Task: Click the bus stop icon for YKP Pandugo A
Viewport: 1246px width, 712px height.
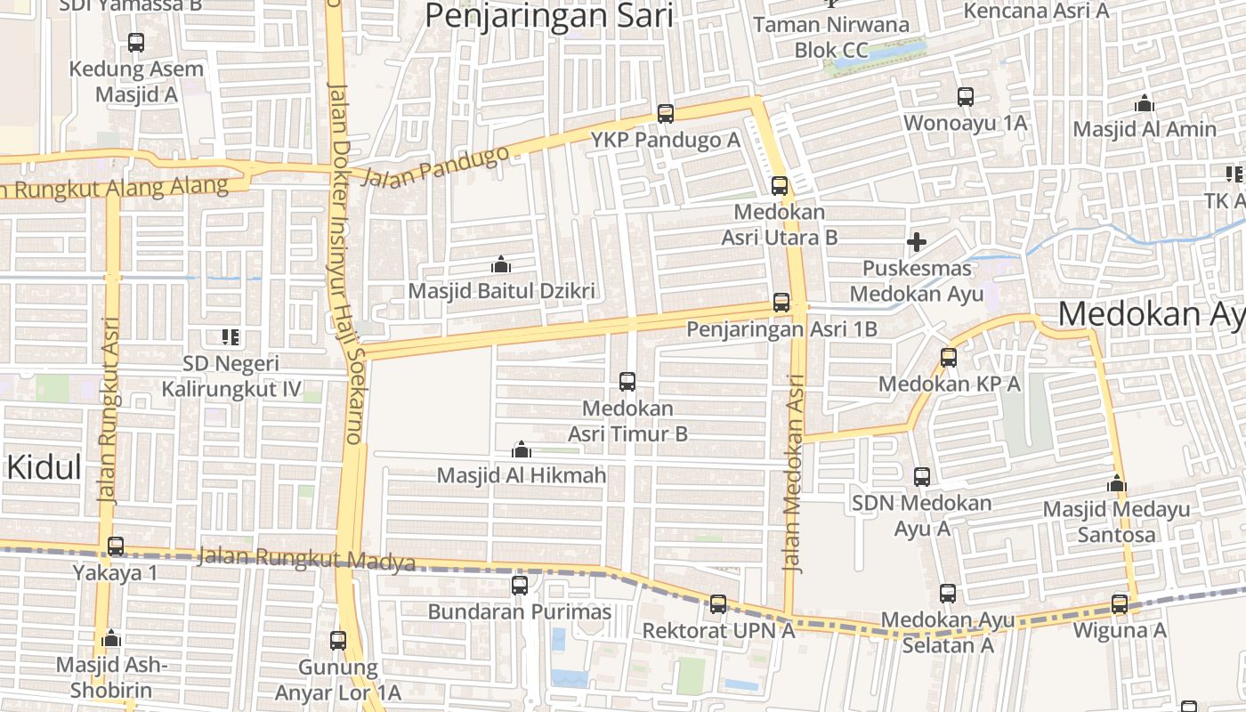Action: click(x=666, y=114)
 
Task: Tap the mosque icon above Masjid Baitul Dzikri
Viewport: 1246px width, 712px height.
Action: click(x=501, y=264)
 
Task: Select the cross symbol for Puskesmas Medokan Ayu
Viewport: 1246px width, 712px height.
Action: click(x=916, y=241)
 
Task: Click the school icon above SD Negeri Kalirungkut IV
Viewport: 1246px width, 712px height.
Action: click(x=231, y=337)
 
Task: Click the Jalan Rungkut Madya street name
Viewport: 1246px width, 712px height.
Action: click(x=306, y=560)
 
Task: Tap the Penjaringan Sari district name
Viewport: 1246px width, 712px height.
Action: click(x=549, y=16)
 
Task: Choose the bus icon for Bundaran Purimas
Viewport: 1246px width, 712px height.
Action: click(x=520, y=586)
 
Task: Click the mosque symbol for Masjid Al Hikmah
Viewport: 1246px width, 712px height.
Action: click(x=522, y=449)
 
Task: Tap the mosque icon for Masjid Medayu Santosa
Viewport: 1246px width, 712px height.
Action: click(x=1116, y=484)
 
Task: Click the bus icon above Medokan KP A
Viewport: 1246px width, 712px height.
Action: click(x=949, y=358)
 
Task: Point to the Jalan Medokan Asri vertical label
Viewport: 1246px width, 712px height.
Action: click(x=796, y=472)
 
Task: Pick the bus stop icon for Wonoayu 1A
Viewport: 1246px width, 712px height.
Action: click(x=966, y=97)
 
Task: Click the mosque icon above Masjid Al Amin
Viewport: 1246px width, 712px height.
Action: click(x=1145, y=103)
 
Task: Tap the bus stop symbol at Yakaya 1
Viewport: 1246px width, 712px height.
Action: click(x=116, y=546)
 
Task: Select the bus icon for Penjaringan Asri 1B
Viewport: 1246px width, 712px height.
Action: click(x=781, y=303)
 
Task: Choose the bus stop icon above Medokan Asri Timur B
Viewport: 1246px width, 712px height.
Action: click(x=627, y=382)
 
